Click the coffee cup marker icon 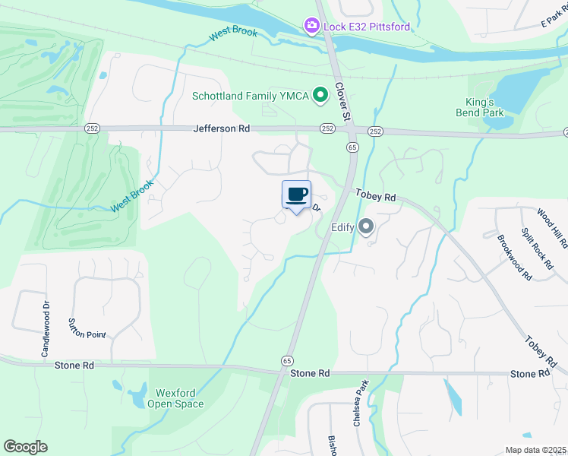tap(296, 195)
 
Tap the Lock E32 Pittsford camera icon tap(311, 27)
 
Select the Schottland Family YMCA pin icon tap(320, 96)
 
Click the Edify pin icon tap(367, 226)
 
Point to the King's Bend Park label tap(484, 107)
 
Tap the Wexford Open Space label tap(180, 399)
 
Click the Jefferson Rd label tap(222, 129)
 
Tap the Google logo tap(25, 446)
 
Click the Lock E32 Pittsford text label tap(368, 27)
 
